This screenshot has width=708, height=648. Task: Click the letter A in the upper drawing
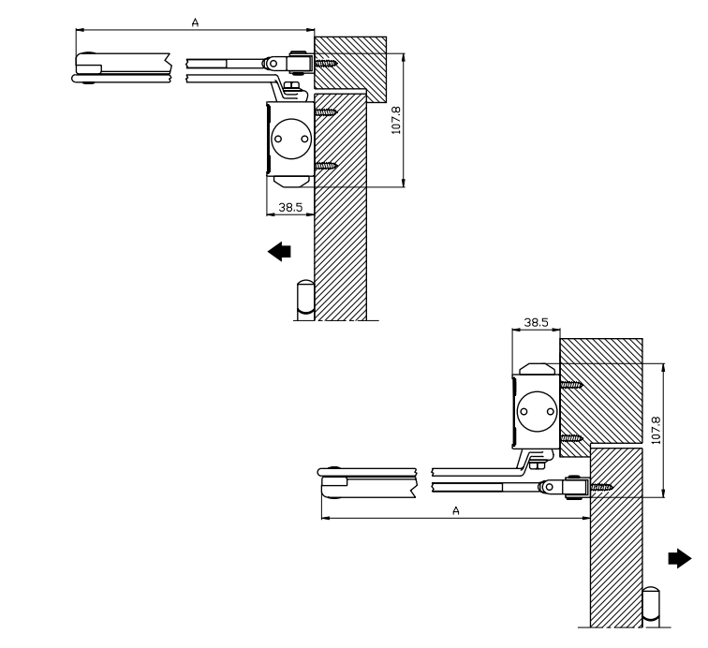195,22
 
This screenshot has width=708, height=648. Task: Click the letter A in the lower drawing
456,510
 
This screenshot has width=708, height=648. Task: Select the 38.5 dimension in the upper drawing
290,207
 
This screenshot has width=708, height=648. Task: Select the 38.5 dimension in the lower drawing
536,322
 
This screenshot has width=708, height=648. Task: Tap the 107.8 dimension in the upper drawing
396,120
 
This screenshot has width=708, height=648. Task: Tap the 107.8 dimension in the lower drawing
656,431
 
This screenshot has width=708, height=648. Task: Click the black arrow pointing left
279,252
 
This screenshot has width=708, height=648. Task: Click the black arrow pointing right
680,559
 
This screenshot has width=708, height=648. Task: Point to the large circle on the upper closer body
291,139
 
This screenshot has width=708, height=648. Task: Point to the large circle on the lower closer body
538,411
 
